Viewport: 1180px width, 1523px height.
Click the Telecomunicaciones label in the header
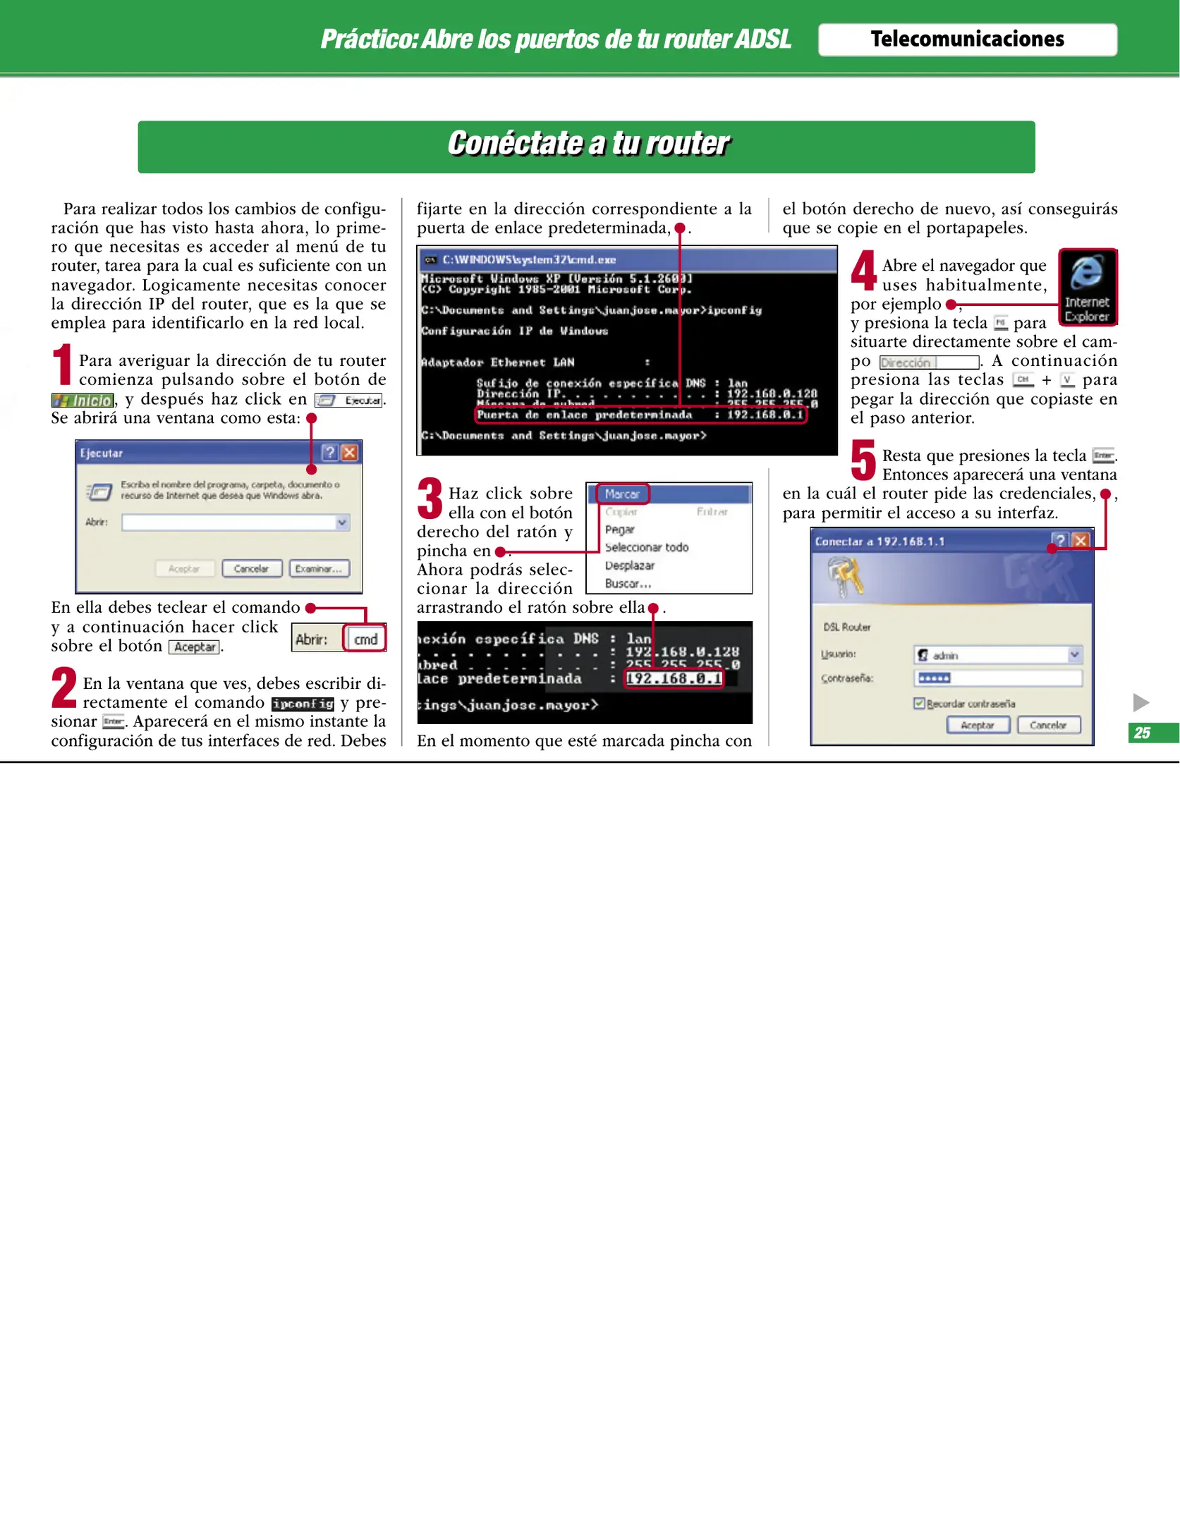coord(967,39)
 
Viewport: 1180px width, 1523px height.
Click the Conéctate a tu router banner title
coord(588,144)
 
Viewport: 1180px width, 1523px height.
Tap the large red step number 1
coord(63,364)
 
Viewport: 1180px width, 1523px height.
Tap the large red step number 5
coord(863,460)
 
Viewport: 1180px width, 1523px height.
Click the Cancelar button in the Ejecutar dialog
coord(252,568)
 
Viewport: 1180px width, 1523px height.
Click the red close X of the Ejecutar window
coord(349,453)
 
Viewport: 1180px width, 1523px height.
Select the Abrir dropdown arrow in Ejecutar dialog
coord(342,522)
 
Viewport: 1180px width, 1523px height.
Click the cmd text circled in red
coord(365,640)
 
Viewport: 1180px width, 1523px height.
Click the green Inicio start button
coord(83,400)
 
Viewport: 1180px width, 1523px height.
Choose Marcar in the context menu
coord(622,494)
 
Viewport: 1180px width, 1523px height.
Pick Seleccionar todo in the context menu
coord(646,547)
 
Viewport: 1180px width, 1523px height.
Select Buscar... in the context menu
coord(628,584)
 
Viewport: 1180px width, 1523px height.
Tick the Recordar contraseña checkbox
coord(919,703)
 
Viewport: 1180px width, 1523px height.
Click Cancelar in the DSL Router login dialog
coord(1048,725)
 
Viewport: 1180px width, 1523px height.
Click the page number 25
coord(1142,733)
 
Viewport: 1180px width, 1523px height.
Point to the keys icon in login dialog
coord(845,575)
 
